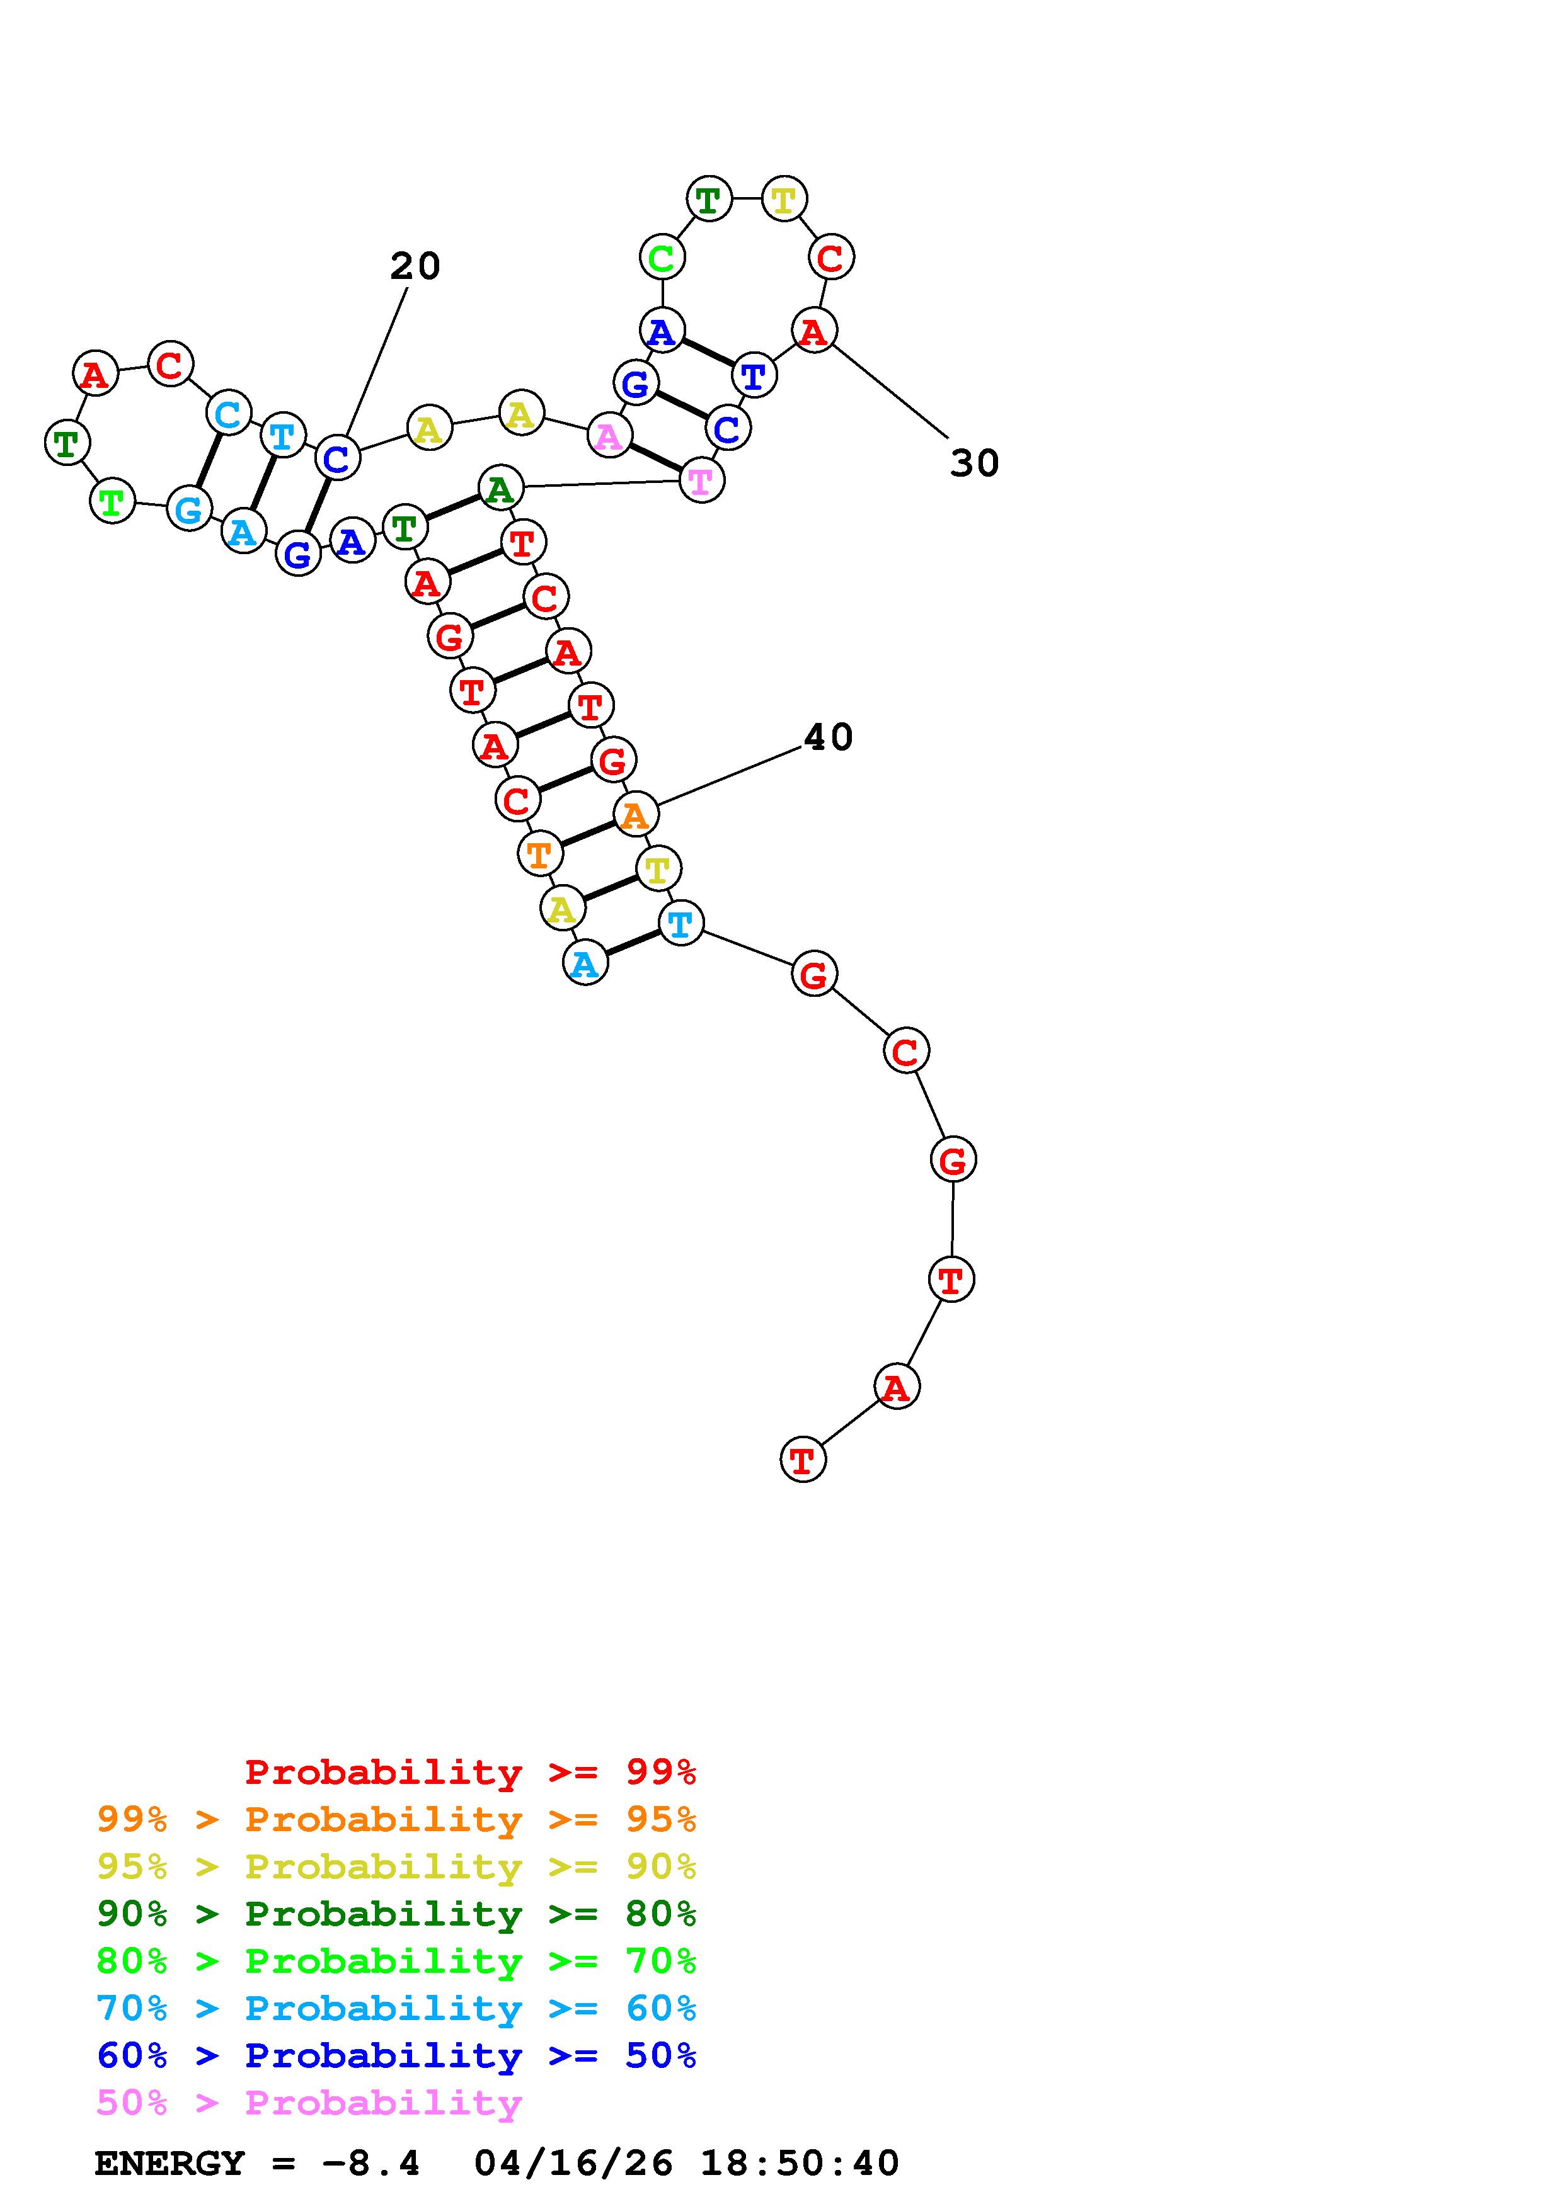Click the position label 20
(x=415, y=266)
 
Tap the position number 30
(x=974, y=463)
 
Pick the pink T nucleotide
(x=701, y=480)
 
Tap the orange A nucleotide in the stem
(x=635, y=814)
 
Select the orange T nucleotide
(x=540, y=853)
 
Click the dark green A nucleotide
(x=500, y=488)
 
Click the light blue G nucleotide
(x=190, y=509)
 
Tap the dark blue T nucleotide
(x=754, y=375)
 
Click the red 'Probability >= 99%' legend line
(x=471, y=1772)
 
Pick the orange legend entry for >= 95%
(x=396, y=1819)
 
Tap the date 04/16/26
(x=573, y=2163)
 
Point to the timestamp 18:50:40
(x=799, y=2163)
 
